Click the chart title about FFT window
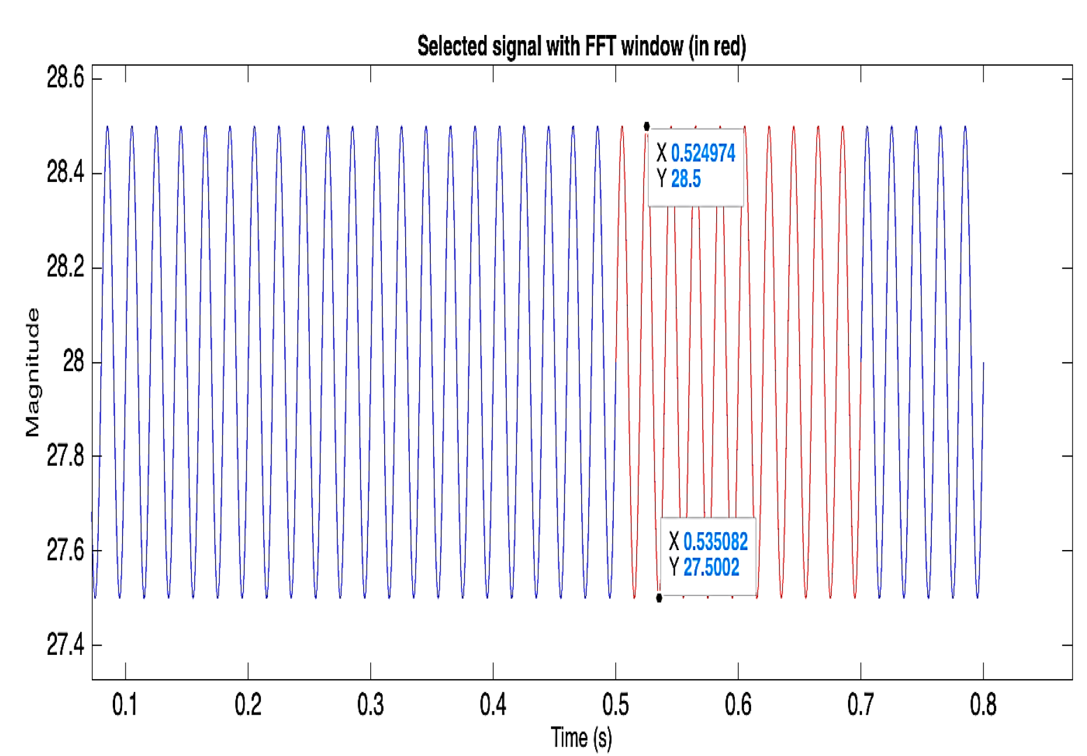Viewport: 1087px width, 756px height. (x=581, y=47)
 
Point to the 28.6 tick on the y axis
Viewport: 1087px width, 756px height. (x=65, y=78)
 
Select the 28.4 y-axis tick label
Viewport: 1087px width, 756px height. (x=65, y=173)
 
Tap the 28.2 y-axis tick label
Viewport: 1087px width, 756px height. (x=65, y=268)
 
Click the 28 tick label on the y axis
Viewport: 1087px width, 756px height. (x=74, y=362)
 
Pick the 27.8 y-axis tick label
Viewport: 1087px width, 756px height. (x=65, y=456)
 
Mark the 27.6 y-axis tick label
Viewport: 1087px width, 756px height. (x=65, y=550)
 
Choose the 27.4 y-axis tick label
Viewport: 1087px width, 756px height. (x=65, y=645)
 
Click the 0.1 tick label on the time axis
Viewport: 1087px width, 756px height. (x=124, y=705)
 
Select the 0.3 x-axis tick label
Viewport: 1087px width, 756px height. (x=370, y=705)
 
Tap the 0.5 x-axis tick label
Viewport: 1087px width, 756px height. (x=616, y=705)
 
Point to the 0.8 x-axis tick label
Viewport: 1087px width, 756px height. (x=983, y=705)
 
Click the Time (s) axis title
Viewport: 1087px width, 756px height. (x=581, y=738)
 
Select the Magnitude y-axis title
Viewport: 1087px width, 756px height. (x=33, y=372)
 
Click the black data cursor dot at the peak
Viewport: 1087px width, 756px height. (x=646, y=126)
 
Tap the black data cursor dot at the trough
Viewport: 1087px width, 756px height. (x=659, y=598)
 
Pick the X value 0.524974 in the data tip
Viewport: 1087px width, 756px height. (x=703, y=154)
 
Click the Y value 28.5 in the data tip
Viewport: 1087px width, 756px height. (x=686, y=179)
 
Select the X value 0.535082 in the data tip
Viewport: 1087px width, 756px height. (x=716, y=542)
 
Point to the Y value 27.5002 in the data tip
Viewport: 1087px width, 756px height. (x=711, y=568)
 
